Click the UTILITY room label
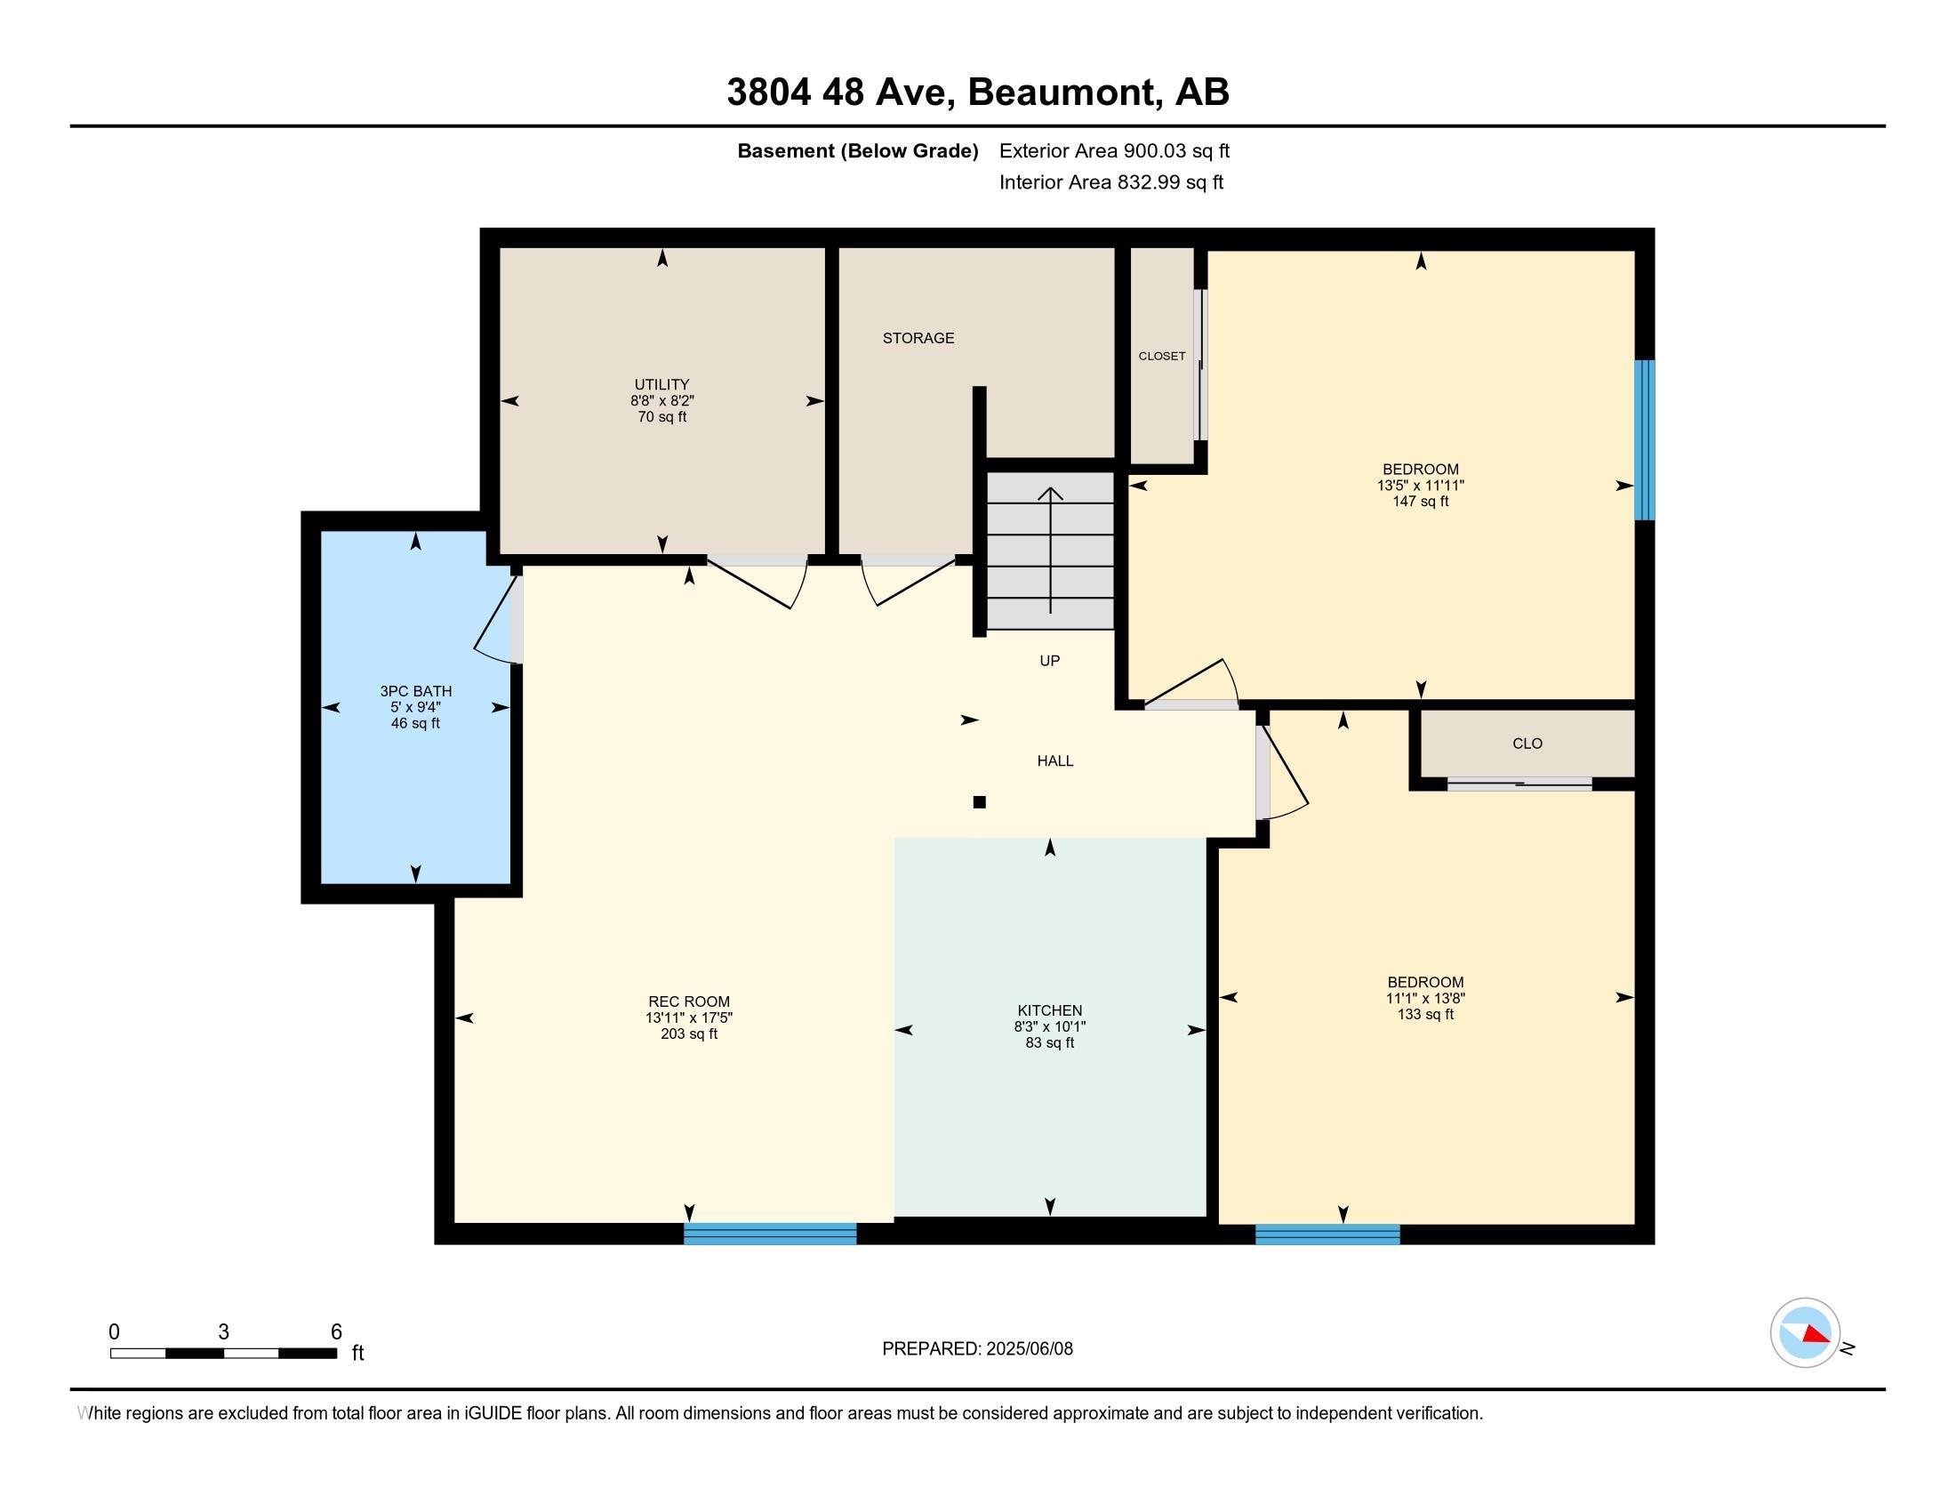(661, 384)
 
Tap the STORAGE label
(918, 338)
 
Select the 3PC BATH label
(415, 690)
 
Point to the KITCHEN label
(1050, 1010)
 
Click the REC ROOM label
(689, 1001)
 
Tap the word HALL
(1055, 760)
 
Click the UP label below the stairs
(1050, 660)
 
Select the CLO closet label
(1527, 743)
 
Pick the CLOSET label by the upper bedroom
(1162, 356)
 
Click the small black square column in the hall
(979, 801)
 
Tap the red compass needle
(1816, 1335)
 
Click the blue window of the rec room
(770, 1234)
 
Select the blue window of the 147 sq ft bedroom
(1644, 439)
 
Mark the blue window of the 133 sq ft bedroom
(1327, 1234)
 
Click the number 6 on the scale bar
(337, 1332)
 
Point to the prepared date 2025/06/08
(1028, 1349)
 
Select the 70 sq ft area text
(661, 416)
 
